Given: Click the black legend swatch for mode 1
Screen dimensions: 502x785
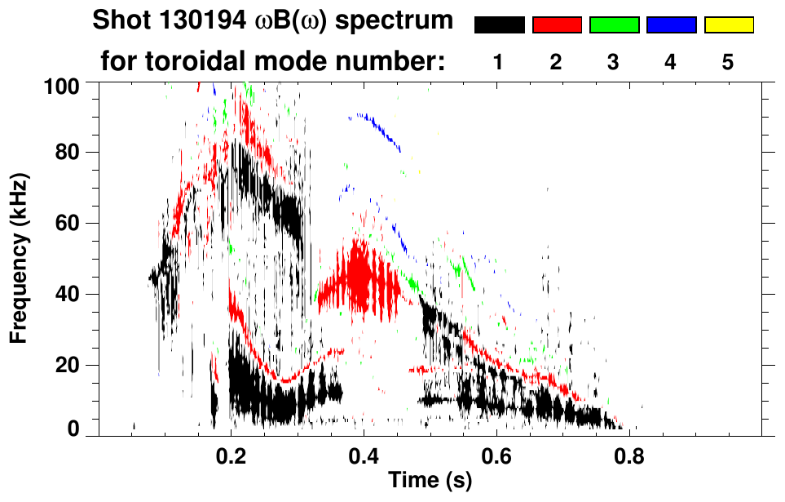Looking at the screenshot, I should point(499,25).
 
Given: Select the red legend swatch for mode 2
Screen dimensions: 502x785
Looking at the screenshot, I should point(557,25).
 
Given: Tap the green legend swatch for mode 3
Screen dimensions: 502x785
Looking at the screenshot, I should point(614,25).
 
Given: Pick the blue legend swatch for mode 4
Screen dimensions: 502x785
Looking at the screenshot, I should point(671,25).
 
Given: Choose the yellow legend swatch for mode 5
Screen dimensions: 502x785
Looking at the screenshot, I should point(729,25).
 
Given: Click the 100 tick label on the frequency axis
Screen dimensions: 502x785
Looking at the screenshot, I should point(61,86).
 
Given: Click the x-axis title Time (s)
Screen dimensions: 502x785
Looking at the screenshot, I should point(430,482).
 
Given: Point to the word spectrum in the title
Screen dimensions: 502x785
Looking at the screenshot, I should point(402,21).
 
